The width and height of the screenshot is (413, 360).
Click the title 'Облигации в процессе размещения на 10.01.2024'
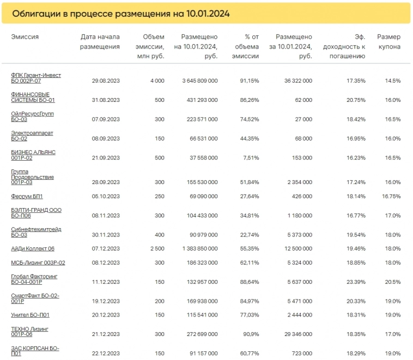[120, 14]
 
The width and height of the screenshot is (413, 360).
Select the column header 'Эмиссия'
[25, 37]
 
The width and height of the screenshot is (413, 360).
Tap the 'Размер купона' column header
[388, 42]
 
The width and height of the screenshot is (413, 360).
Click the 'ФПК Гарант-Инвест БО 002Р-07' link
[36, 78]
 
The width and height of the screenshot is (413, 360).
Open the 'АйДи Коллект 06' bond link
[33, 248]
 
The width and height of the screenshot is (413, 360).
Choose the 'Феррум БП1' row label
[27, 196]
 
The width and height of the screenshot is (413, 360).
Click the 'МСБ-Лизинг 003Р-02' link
[38, 263]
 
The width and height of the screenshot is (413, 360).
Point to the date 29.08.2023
[106, 81]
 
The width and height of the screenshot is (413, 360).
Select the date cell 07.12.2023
[106, 248]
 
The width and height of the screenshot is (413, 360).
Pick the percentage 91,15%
[250, 81]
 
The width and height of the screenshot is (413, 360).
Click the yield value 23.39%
[354, 282]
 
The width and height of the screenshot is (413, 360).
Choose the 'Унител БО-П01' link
[30, 315]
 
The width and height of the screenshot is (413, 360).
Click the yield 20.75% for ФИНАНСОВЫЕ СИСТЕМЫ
[354, 100]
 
